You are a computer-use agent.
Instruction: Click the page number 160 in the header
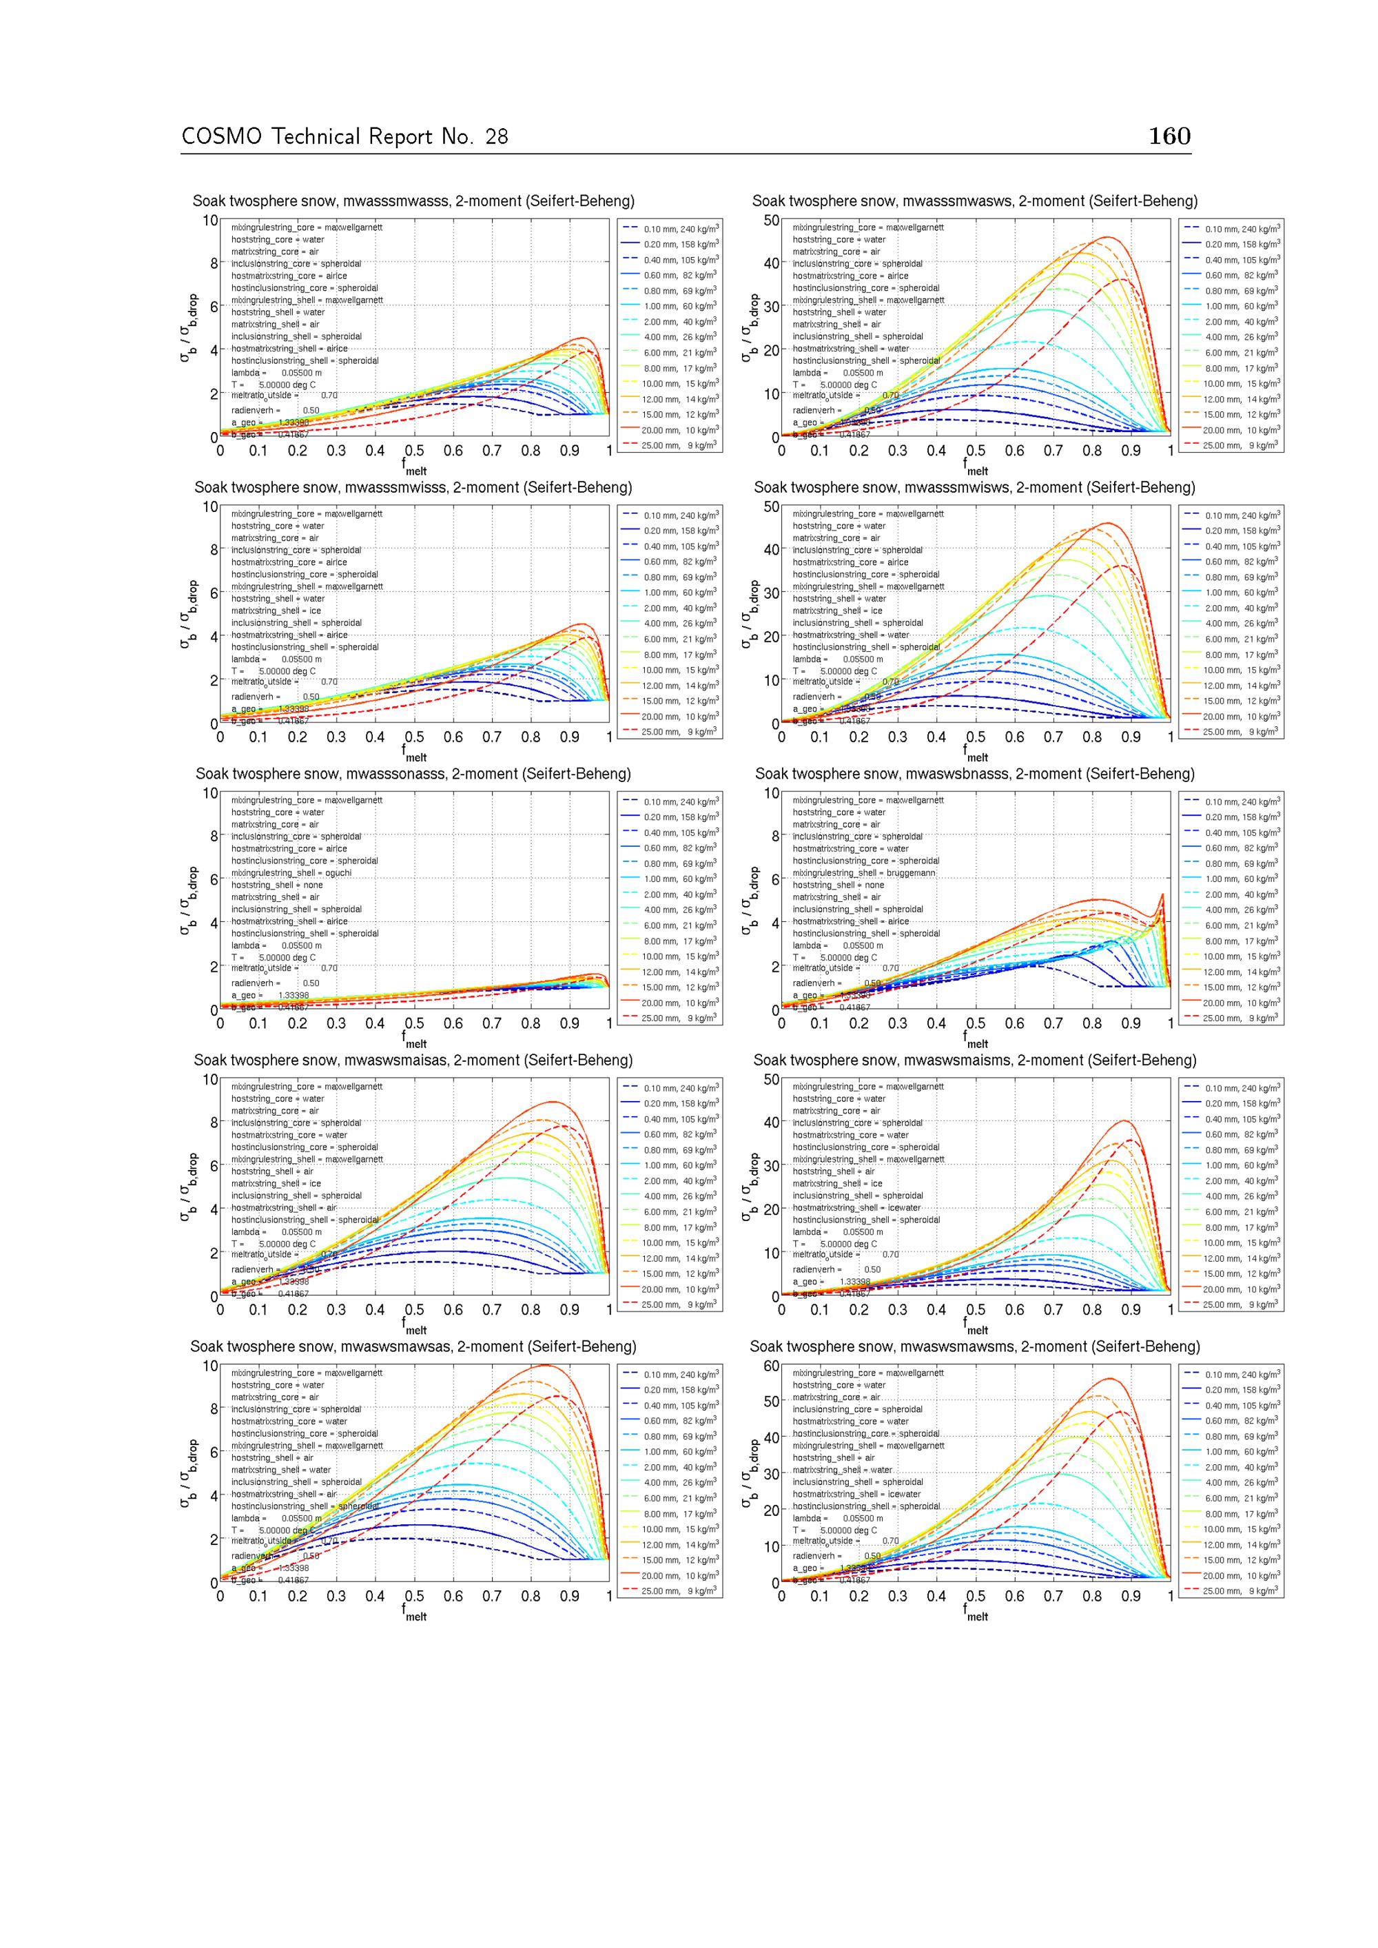(1169, 136)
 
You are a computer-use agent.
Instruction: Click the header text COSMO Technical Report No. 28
(344, 136)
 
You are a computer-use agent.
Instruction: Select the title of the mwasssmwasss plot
(413, 201)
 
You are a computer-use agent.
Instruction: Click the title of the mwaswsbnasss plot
(974, 774)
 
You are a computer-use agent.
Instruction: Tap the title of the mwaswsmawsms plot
(974, 1346)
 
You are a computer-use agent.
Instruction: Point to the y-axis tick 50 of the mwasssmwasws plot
(770, 220)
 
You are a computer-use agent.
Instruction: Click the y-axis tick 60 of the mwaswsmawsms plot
(770, 1365)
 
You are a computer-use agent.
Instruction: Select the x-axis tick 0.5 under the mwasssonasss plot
(414, 1024)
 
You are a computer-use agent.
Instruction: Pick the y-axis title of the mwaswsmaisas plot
(187, 1187)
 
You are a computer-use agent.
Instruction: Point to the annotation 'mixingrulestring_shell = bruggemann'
(864, 873)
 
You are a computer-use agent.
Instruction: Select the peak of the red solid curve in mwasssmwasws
(1107, 238)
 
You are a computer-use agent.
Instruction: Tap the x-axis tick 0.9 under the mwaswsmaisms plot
(1131, 1310)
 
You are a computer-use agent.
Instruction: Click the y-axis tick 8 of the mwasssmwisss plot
(214, 550)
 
